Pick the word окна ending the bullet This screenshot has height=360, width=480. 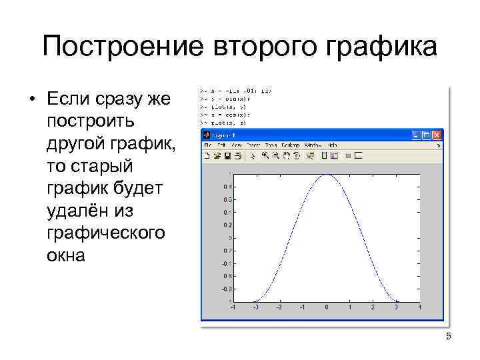[66, 255]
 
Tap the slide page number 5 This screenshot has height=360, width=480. [448, 337]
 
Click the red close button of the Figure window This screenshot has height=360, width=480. [437, 135]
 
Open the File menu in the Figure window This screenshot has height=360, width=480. [207, 145]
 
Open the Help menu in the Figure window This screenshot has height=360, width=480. [331, 145]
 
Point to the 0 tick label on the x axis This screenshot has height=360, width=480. [326, 307]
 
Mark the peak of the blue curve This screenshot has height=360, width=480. [326, 175]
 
